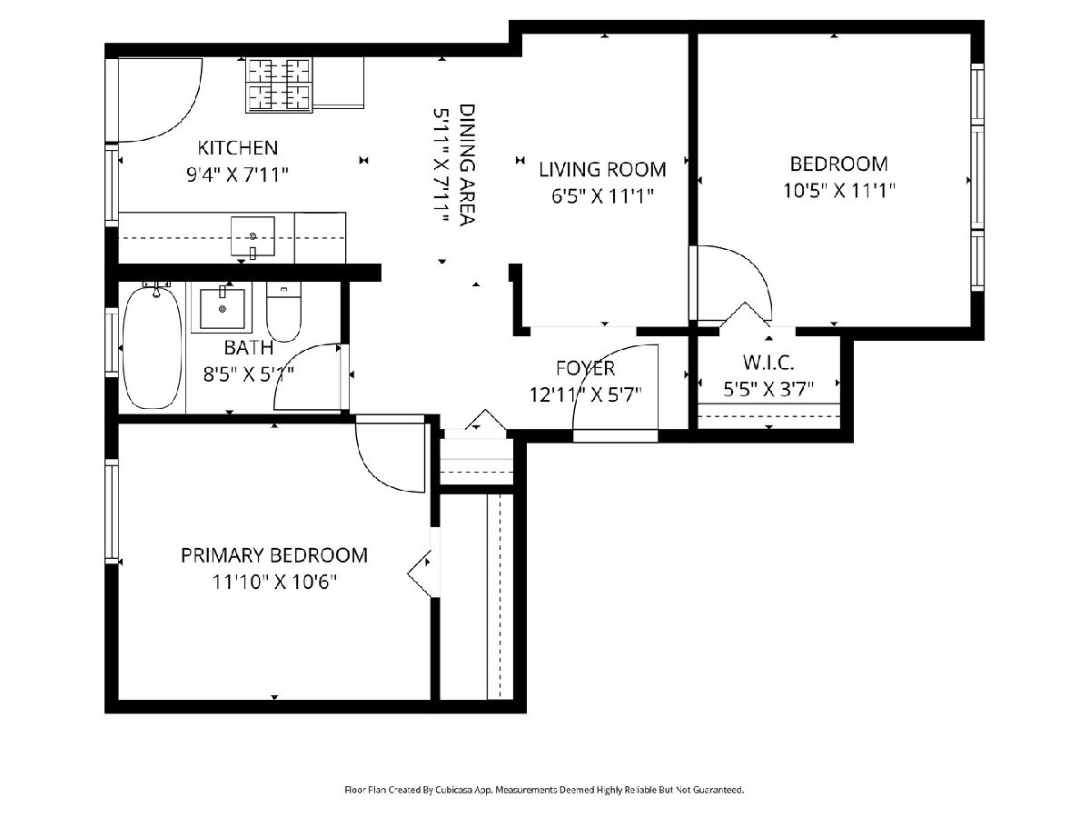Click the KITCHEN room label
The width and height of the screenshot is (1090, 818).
point(237,147)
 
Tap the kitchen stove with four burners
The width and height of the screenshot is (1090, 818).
point(279,84)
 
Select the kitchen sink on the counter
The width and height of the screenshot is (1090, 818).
point(253,237)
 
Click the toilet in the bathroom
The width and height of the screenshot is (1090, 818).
point(283,312)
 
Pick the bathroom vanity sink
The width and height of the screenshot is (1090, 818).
point(222,309)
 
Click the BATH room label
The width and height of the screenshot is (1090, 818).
point(248,348)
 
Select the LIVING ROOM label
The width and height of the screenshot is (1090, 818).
point(602,170)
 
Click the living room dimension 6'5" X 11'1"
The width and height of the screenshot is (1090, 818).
point(602,196)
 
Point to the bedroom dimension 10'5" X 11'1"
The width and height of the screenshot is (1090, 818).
point(838,191)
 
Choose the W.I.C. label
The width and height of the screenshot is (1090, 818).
point(768,363)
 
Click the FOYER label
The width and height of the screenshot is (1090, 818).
point(586,368)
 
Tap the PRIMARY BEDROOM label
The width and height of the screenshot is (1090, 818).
point(274,555)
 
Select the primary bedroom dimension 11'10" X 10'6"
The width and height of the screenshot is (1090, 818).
point(274,582)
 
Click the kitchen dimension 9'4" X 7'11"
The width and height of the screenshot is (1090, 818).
point(237,175)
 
